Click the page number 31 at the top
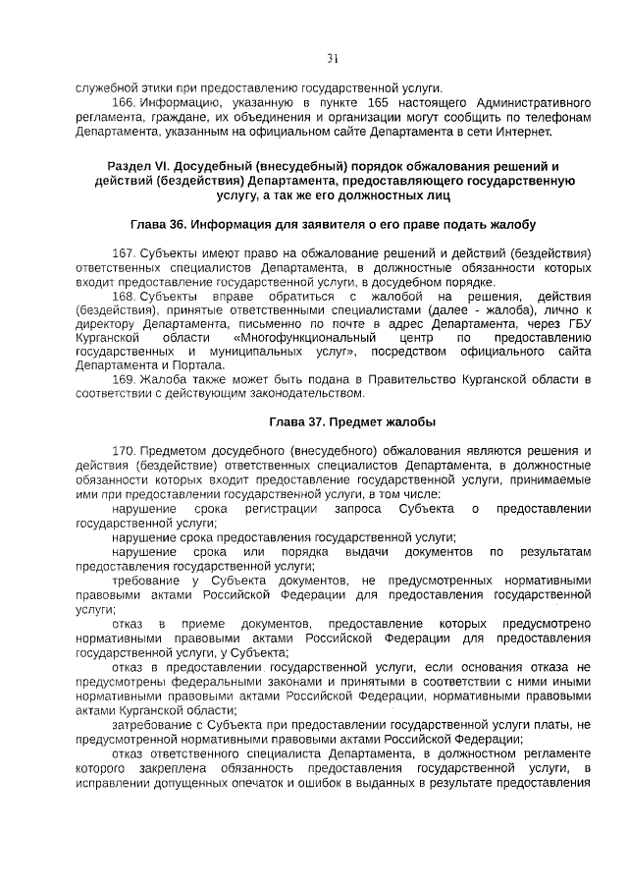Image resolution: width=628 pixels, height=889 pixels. click(x=333, y=58)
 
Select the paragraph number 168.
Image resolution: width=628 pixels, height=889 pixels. click(x=124, y=296)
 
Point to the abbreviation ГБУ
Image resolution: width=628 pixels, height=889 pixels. click(x=575, y=323)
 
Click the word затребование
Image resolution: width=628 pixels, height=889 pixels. click(x=150, y=725)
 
